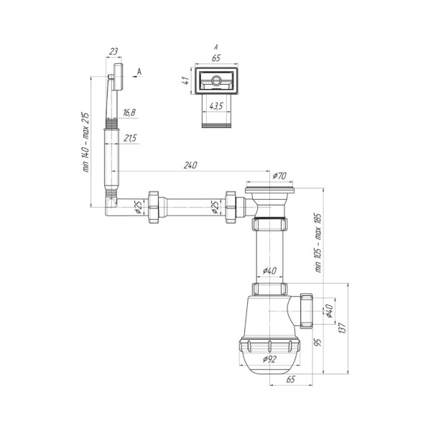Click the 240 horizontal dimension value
[190, 165]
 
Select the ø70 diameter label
[279, 176]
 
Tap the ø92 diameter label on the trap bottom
[269, 359]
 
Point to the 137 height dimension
[342, 328]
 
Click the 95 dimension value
[318, 343]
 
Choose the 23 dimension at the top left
[113, 52]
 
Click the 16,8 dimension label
[129, 113]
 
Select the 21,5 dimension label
[130, 138]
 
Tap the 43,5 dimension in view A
[216, 106]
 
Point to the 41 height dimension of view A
[186, 80]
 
